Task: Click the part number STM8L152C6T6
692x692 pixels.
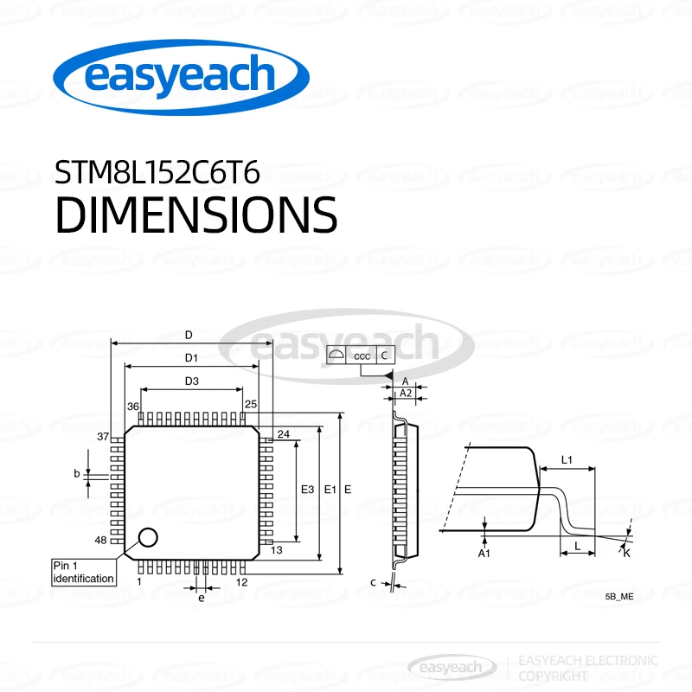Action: click(157, 173)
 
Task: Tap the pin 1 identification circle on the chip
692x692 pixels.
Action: click(148, 537)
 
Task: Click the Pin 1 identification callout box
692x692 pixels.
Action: click(83, 572)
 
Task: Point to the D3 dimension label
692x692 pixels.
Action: click(192, 381)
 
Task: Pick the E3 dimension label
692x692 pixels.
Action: click(306, 490)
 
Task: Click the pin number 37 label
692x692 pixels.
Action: click(103, 436)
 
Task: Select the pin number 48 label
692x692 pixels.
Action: click(102, 540)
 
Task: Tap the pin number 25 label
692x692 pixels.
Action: click(251, 405)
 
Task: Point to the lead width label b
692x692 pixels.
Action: click(77, 473)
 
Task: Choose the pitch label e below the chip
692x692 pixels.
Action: click(201, 598)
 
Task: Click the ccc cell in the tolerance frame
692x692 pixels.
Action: click(362, 355)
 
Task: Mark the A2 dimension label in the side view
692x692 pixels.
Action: click(405, 394)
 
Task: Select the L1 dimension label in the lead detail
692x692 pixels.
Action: click(567, 459)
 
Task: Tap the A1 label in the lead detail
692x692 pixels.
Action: click(485, 552)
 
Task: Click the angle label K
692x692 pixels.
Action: click(627, 552)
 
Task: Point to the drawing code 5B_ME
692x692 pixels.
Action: click(619, 597)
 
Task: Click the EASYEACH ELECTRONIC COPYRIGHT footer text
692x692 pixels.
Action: click(586, 667)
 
